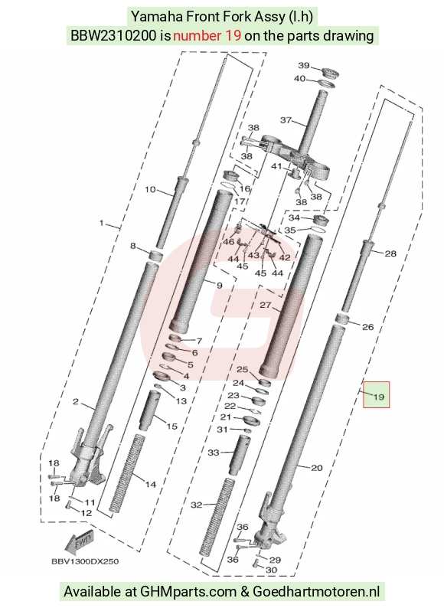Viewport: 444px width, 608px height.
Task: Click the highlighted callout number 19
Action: pos(378,397)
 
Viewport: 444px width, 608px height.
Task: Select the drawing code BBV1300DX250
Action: pos(85,561)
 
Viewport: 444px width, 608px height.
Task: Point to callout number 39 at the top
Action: pos(304,65)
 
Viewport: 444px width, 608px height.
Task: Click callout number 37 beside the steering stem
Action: pos(286,120)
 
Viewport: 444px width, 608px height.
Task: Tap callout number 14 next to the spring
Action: pos(151,484)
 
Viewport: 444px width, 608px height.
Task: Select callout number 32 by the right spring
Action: pos(197,505)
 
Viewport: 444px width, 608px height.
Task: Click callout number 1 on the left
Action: pos(102,223)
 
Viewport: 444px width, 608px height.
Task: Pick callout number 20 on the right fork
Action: pos(317,468)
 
